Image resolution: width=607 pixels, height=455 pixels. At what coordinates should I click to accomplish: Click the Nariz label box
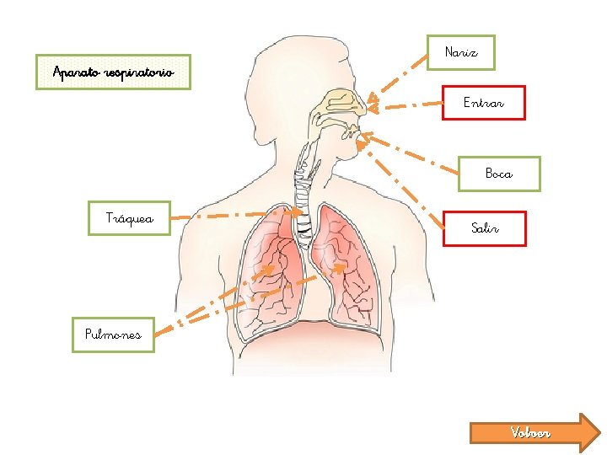(460, 52)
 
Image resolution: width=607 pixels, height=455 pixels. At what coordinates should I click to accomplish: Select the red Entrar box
(484, 103)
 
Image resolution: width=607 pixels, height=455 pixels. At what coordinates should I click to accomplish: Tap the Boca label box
(498, 174)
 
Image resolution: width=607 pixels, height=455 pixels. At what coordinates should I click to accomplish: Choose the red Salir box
(485, 228)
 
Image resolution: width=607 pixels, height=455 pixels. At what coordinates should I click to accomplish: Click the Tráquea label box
(130, 218)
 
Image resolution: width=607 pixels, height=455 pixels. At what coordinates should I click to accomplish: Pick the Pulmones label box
(113, 335)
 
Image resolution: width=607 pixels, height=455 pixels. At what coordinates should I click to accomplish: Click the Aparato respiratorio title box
(114, 72)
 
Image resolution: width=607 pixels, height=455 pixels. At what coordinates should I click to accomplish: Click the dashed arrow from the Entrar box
(409, 105)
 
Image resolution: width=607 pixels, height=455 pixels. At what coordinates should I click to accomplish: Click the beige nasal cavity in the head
(341, 105)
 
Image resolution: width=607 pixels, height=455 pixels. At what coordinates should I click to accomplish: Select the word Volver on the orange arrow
(530, 433)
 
